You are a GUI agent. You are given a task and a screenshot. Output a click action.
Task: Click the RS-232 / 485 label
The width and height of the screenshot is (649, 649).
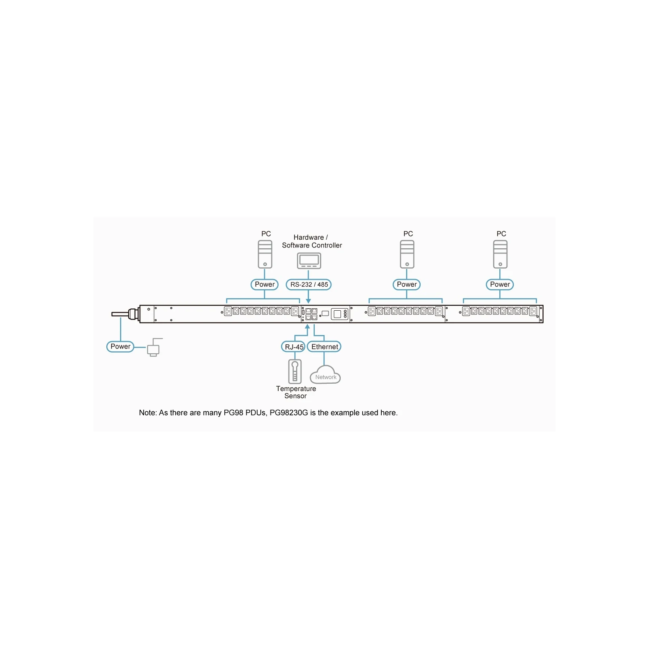[x=309, y=284]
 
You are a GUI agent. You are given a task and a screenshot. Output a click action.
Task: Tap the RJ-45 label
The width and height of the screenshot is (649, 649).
[x=293, y=347]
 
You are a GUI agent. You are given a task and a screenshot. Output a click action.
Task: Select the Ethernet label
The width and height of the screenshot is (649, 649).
[x=324, y=347]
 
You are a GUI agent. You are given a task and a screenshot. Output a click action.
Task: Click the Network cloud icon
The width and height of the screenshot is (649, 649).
[x=325, y=374]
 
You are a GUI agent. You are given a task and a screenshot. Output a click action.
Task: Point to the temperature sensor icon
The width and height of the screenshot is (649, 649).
[x=295, y=371]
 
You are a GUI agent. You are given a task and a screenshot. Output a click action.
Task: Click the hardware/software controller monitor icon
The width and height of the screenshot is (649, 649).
[x=309, y=260]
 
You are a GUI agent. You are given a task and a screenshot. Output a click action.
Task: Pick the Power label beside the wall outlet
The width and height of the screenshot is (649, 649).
[x=120, y=346]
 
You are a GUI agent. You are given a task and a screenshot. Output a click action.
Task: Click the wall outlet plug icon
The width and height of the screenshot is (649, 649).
[x=154, y=348]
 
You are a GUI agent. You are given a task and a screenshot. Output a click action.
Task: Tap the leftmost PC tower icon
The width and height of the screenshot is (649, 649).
[x=265, y=254]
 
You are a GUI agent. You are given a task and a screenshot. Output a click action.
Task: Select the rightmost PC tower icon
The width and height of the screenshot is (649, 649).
[x=501, y=254]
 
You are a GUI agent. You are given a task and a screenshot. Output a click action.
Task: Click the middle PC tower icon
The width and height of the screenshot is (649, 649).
[x=407, y=254]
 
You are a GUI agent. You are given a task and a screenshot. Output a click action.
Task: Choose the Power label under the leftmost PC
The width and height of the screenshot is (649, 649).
[x=264, y=284]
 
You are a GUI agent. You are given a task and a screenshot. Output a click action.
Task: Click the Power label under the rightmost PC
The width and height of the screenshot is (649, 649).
[x=500, y=284]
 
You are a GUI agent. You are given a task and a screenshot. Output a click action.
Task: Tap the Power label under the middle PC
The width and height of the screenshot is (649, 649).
[x=406, y=284]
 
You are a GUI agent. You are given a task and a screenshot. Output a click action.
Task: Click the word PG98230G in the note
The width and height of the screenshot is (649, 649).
[x=289, y=413]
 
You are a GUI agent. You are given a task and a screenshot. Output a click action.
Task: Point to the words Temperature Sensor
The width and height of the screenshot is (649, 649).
[x=296, y=392]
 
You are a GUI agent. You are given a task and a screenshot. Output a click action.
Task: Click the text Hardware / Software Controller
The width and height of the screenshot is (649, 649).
[x=312, y=241]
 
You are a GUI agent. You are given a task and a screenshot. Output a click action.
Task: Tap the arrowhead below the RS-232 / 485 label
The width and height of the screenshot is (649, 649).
[x=308, y=301]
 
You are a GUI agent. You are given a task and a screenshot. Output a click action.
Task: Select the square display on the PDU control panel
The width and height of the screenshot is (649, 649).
[x=337, y=314]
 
